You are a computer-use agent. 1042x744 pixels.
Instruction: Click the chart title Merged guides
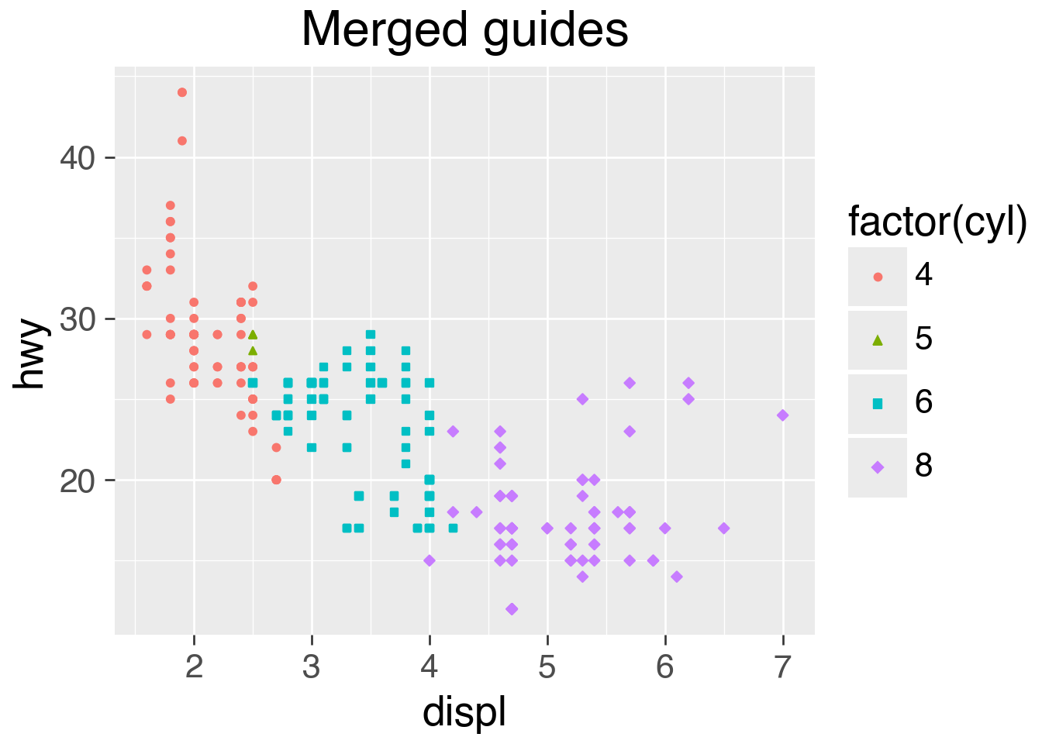464,31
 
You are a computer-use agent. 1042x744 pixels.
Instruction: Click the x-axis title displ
464,711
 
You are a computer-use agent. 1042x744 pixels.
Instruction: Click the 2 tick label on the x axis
194,666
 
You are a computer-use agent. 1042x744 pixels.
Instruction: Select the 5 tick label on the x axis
547,666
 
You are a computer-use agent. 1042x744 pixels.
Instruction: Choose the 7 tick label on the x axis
783,666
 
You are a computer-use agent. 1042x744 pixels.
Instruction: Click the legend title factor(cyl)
937,222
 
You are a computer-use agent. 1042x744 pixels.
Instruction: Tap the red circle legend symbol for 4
878,277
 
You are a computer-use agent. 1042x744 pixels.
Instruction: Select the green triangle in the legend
878,339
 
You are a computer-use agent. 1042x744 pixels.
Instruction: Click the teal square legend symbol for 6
878,404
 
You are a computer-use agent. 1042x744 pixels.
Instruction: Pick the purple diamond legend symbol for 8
878,467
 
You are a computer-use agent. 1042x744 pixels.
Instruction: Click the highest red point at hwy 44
182,93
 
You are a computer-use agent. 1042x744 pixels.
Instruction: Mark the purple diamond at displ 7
783,415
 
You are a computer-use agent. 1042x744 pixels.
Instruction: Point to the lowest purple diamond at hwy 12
512,609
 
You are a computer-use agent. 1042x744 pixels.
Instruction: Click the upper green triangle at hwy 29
253,335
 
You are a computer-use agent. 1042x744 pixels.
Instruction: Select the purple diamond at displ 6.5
724,529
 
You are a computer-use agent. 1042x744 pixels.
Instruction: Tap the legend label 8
923,467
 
